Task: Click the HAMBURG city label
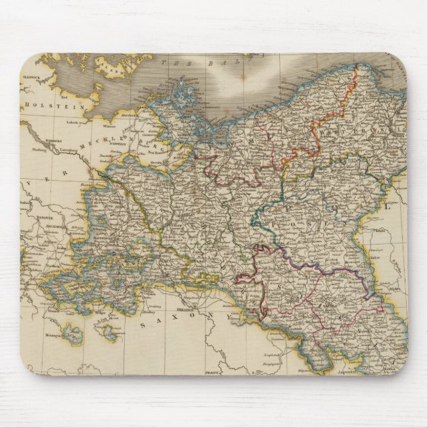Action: (40, 141)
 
